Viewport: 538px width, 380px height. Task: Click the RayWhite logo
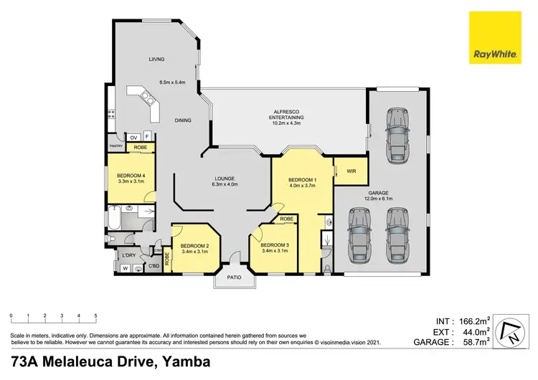tap(494, 37)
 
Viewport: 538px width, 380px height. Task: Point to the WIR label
tap(351, 171)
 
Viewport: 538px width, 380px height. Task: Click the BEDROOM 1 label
tap(301, 179)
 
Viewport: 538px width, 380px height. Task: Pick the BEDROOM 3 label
tap(273, 244)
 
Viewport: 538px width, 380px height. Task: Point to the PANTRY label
tap(116, 146)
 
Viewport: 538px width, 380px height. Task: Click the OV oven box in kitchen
tap(133, 136)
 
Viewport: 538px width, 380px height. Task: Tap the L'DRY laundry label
tap(129, 256)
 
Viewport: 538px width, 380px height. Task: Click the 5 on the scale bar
tap(95, 315)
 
